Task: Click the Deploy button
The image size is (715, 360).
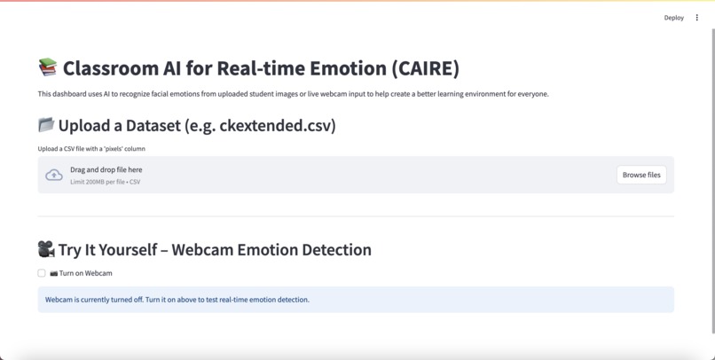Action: tap(673, 18)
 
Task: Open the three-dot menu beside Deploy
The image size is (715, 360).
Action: tap(697, 18)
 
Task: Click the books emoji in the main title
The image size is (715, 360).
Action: tap(48, 67)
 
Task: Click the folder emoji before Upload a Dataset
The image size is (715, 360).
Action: tap(46, 125)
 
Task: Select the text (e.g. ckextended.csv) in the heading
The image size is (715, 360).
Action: tap(260, 126)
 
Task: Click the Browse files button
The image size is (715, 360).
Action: tap(641, 175)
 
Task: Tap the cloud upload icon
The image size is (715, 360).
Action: tap(54, 175)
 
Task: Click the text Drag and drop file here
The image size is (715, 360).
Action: tap(106, 169)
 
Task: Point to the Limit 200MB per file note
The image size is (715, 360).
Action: tap(105, 182)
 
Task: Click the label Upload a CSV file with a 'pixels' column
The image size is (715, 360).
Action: tap(91, 149)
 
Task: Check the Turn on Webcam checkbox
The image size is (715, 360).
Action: tap(42, 273)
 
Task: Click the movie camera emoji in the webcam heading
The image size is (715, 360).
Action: tap(46, 249)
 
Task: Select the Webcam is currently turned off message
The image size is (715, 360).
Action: tap(177, 300)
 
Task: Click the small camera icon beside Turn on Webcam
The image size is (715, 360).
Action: tap(53, 273)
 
